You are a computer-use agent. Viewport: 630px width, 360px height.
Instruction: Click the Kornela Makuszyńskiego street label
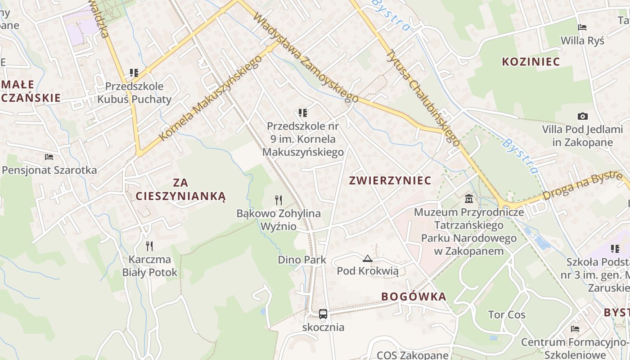210,98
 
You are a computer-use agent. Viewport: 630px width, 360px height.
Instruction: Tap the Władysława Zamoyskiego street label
306,57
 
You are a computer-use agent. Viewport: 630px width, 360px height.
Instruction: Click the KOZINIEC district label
531,62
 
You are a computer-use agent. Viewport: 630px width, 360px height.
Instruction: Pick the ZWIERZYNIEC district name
390,180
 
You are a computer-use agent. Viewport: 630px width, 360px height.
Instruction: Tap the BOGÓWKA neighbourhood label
414,297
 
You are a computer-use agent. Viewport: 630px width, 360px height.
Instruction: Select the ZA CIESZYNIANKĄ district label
180,189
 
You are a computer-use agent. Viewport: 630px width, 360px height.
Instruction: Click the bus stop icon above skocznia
323,314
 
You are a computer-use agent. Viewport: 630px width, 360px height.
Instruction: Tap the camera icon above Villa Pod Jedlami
582,117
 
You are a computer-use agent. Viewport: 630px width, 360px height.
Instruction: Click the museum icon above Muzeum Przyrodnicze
469,198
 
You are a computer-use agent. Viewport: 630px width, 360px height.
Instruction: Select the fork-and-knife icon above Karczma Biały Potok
149,246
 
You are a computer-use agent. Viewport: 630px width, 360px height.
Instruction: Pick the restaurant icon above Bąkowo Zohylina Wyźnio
279,199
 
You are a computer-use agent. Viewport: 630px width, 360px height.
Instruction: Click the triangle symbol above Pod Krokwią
368,258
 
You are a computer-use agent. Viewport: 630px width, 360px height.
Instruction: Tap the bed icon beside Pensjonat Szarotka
49,157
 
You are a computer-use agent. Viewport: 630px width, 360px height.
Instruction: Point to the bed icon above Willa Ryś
582,27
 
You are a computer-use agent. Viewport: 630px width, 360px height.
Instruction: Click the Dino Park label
302,260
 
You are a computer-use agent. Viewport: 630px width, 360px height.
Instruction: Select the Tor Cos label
507,315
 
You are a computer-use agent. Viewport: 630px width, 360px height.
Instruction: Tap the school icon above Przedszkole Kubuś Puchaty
134,72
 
